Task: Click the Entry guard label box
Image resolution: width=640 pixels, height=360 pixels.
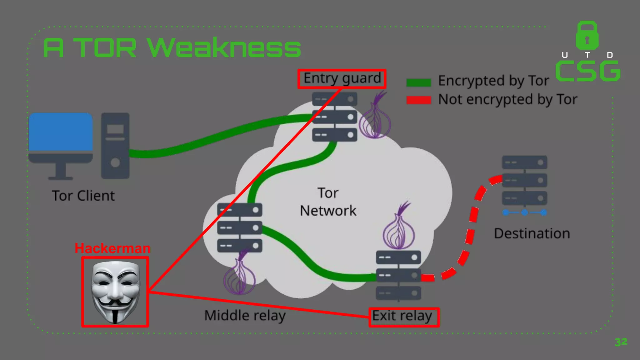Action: (342, 79)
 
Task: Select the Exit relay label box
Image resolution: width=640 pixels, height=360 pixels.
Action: (404, 317)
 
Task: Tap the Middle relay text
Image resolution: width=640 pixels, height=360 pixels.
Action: (245, 315)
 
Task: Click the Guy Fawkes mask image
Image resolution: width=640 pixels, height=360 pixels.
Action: (115, 292)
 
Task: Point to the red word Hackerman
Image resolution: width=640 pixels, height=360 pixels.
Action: (112, 248)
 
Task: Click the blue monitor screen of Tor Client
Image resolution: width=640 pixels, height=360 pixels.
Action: (61, 132)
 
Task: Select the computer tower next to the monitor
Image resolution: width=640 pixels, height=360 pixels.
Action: (115, 146)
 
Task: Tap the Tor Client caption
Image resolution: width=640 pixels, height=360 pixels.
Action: (83, 196)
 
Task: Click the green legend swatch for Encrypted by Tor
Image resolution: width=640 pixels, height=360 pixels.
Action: (418, 82)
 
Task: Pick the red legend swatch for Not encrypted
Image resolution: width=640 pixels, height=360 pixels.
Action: (418, 100)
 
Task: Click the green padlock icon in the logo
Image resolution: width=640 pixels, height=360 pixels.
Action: (587, 36)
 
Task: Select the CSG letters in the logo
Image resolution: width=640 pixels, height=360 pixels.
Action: (587, 71)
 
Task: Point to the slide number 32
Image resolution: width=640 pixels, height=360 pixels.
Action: (621, 342)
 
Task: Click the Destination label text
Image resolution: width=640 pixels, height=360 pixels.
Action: (532, 233)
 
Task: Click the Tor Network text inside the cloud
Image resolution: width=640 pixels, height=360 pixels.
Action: (328, 202)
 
